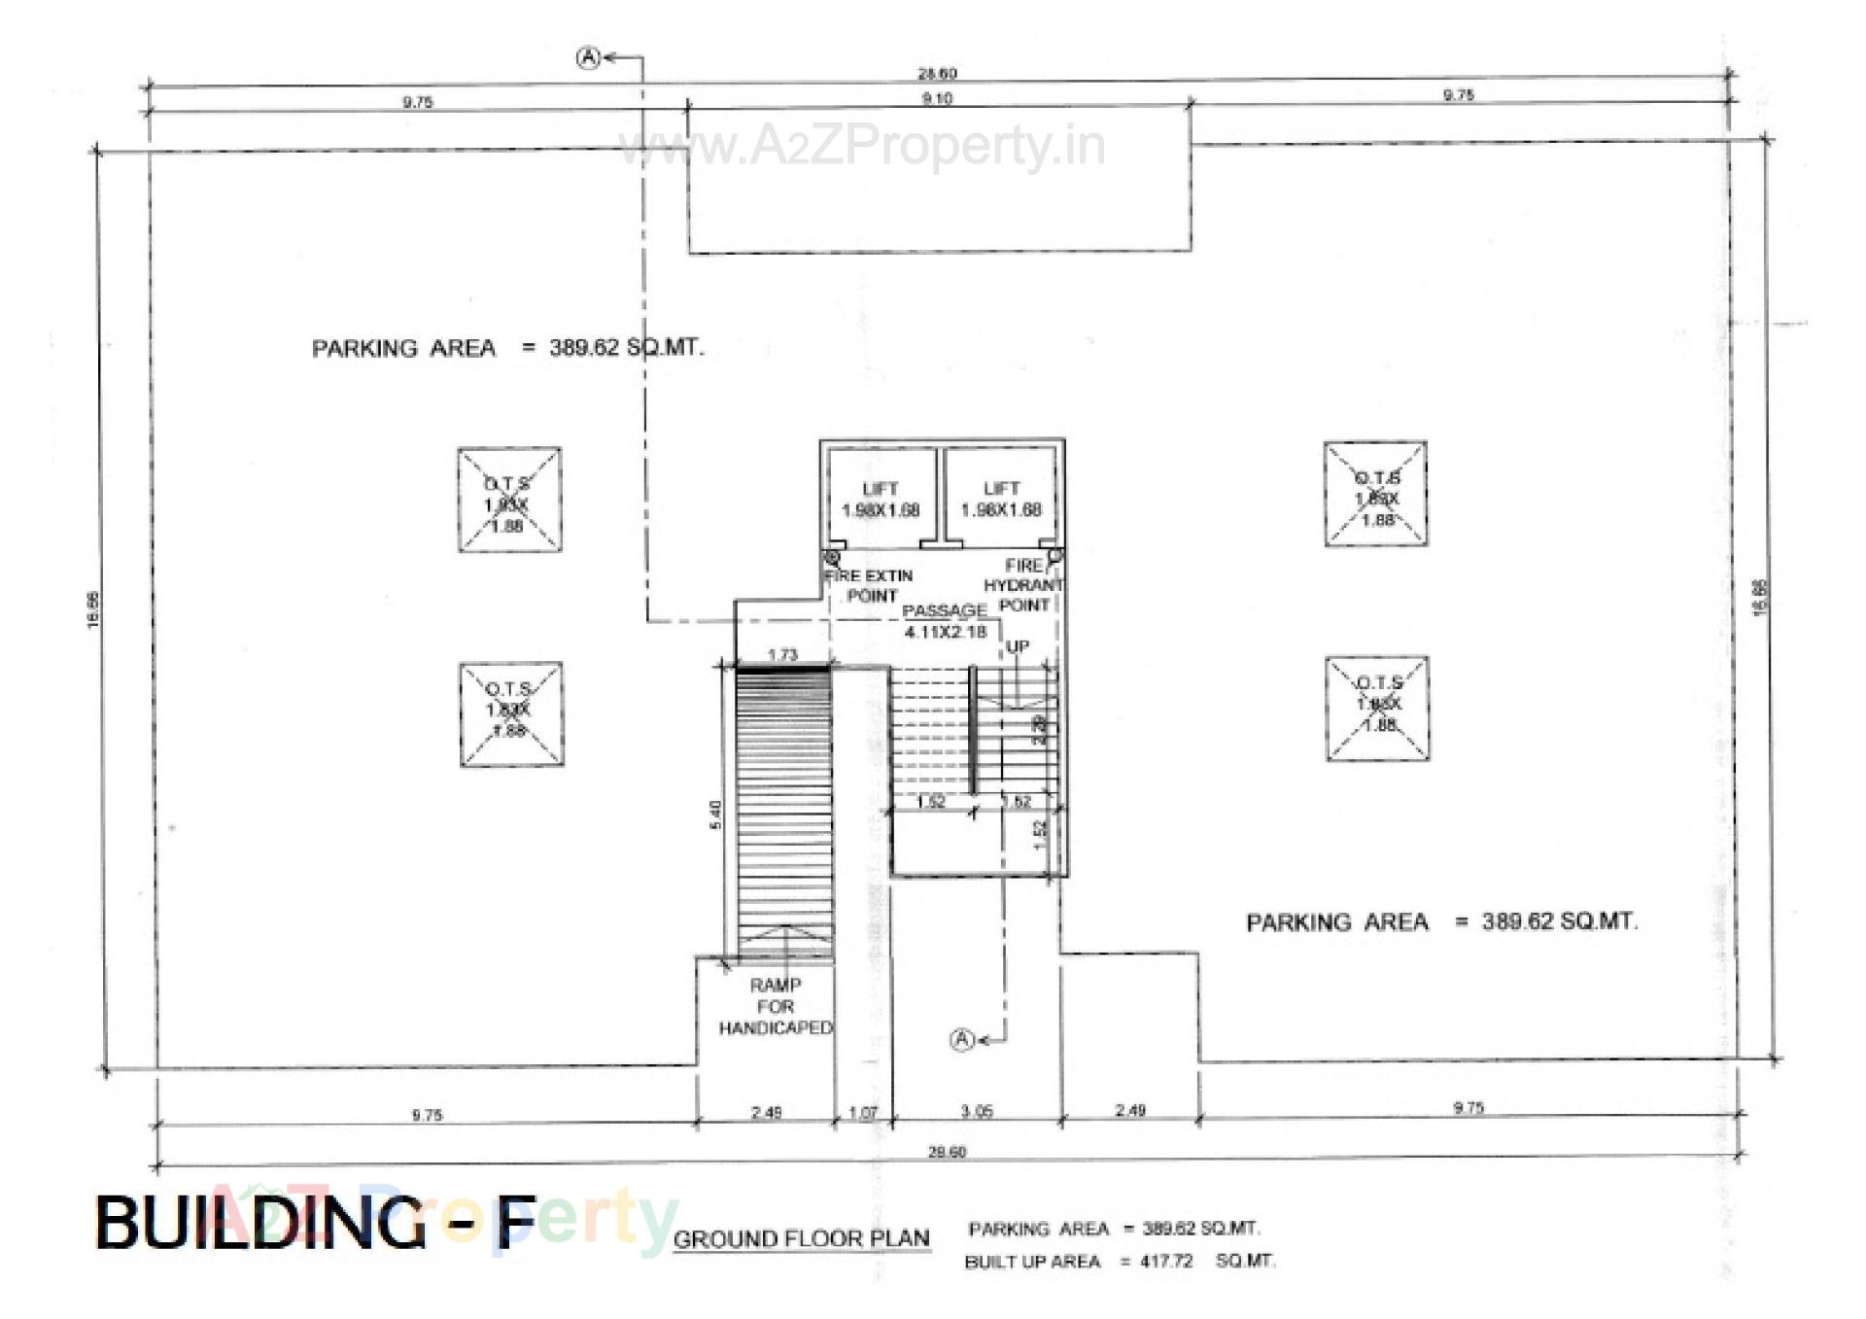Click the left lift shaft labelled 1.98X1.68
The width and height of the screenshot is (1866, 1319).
point(881,499)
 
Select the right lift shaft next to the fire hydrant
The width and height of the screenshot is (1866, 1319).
point(1000,499)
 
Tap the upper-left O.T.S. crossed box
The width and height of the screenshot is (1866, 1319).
point(509,500)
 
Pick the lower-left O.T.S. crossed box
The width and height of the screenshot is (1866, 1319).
point(511,713)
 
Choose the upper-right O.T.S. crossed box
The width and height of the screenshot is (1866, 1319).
point(1375,494)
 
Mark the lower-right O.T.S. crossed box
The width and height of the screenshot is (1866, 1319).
point(1377,708)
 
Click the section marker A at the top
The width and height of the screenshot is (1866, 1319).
point(589,58)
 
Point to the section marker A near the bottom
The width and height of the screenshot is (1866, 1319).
point(961,1040)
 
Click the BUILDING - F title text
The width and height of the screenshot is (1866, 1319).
point(316,1222)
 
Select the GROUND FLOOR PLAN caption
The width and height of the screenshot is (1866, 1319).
point(801,1239)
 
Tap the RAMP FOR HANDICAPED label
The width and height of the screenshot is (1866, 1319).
point(776,1006)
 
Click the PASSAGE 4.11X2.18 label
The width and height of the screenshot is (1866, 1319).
point(945,621)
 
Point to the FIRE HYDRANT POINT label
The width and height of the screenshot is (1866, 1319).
point(1024,585)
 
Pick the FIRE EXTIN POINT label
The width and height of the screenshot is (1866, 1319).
point(870,585)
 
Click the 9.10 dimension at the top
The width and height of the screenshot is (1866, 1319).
point(937,98)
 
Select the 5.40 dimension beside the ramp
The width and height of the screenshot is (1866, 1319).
point(716,815)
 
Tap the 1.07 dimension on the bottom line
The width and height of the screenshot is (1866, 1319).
point(863,1112)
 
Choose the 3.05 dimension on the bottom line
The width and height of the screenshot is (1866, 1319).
point(977,1111)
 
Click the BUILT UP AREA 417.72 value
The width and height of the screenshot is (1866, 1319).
point(1165,1262)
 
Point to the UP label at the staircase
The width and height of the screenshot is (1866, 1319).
point(1018,646)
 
